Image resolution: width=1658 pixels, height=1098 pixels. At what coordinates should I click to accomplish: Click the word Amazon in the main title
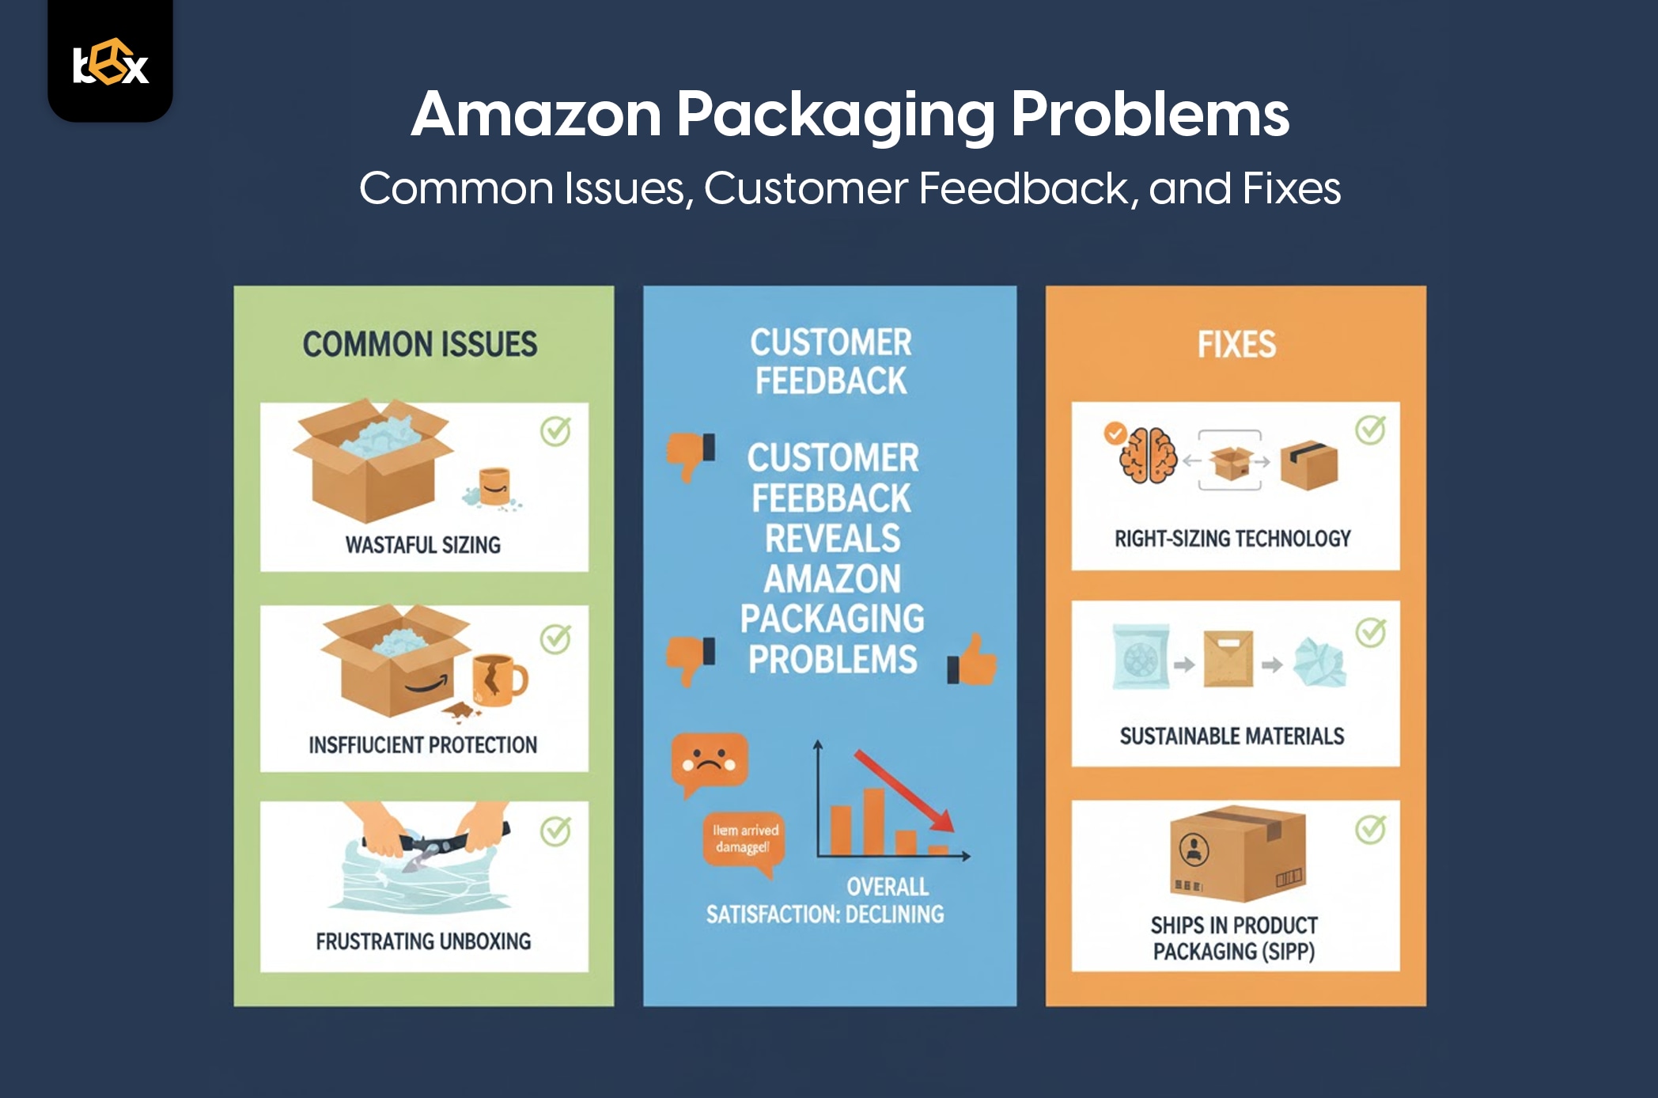tap(536, 115)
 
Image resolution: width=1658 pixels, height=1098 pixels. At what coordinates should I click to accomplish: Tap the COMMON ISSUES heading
tap(420, 344)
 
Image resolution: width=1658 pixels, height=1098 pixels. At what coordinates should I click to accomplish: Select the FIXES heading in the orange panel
tap(1236, 344)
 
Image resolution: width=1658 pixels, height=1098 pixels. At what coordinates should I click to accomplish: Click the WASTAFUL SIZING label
tap(423, 545)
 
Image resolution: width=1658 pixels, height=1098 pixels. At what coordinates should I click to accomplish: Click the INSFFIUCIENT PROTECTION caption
tap(423, 745)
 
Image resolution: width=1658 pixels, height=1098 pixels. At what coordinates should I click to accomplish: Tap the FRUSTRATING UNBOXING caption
tap(423, 941)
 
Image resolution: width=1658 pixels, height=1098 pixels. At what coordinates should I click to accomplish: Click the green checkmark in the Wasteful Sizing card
tap(555, 431)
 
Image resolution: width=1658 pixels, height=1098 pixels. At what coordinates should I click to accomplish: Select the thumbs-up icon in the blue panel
tap(973, 661)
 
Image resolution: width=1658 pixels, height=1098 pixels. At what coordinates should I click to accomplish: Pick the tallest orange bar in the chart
tap(873, 821)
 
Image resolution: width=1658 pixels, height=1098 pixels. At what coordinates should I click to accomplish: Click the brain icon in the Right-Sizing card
tap(1149, 456)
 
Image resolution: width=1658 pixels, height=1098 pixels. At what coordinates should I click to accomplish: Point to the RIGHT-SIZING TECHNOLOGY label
tap(1232, 539)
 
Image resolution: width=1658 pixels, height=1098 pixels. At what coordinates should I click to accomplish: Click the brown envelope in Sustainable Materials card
tap(1228, 658)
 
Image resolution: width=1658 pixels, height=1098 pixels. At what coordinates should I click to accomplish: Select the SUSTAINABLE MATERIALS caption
tap(1232, 736)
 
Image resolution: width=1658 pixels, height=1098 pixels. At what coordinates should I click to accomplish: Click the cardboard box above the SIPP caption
tap(1236, 854)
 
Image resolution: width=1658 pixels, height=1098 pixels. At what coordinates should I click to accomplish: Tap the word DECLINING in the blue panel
tap(895, 914)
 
